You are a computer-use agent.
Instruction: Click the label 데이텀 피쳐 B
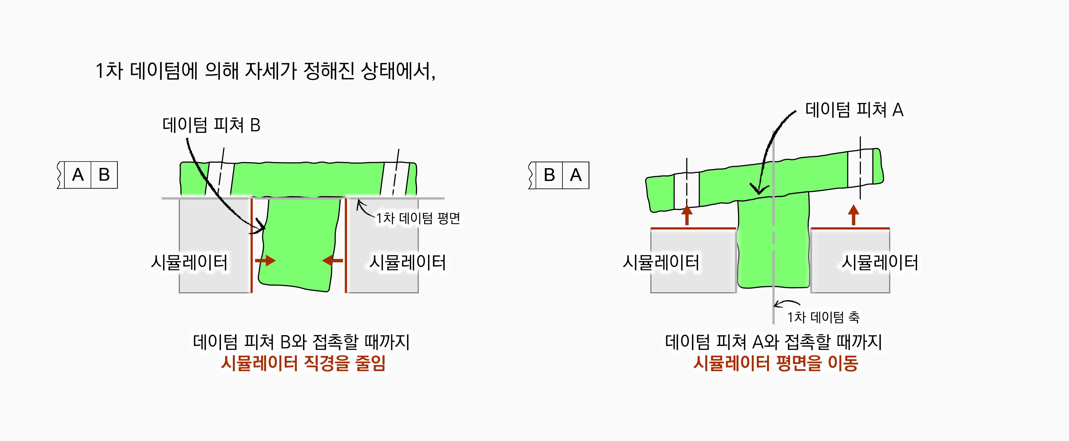point(211,125)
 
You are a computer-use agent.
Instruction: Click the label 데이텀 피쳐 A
point(854,110)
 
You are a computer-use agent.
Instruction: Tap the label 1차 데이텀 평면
point(418,218)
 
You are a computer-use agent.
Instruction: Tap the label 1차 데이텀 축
point(823,317)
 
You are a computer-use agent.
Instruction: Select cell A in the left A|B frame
point(78,175)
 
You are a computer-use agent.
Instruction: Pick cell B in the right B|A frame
point(549,175)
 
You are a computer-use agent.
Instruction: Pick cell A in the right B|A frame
point(576,175)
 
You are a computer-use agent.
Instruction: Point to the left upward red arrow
point(687,215)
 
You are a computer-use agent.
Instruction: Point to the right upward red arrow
point(853,215)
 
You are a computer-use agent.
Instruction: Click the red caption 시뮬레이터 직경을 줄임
point(303,363)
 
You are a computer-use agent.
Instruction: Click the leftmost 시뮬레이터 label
point(189,263)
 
